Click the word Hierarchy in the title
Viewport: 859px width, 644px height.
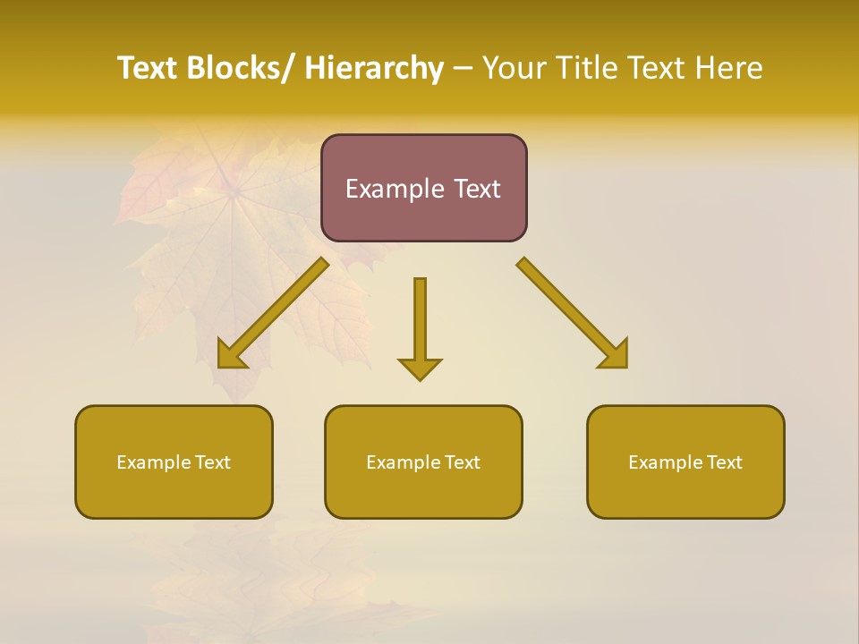pyautogui.click(x=374, y=68)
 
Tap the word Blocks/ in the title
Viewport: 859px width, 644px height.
pyautogui.click(x=240, y=68)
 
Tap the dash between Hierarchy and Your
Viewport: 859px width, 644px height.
pyautogui.click(x=463, y=69)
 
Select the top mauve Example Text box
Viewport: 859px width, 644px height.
pyautogui.click(x=423, y=188)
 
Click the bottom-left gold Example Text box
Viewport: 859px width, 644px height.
pyautogui.click(x=174, y=462)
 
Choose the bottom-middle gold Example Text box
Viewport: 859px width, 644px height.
pyautogui.click(x=423, y=462)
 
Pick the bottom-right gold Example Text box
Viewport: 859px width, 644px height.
pyautogui.click(x=685, y=462)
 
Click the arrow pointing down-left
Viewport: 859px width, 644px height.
pyautogui.click(x=273, y=313)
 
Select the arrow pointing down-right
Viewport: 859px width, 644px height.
pyautogui.click(x=573, y=313)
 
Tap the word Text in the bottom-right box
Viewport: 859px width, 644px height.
pyautogui.click(x=724, y=462)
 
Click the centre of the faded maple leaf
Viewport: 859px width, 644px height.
pyautogui.click(x=234, y=190)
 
